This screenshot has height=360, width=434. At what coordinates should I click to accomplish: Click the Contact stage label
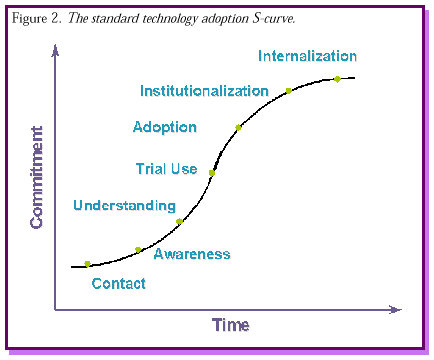pos(118,283)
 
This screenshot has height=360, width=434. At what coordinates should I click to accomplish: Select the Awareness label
pos(192,254)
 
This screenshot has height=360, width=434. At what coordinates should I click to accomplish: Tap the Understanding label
pos(124,206)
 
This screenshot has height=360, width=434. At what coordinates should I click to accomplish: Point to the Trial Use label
pos(166,169)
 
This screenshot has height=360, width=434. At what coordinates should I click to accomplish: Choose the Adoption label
pos(164,127)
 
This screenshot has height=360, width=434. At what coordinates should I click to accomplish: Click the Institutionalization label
pos(204,91)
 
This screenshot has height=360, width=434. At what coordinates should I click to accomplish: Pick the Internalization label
pos(307,56)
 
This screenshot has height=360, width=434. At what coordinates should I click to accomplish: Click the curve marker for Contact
pos(88,264)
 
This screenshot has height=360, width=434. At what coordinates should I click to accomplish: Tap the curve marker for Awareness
pos(139,249)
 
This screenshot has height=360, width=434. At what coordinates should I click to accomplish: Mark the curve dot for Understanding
pos(179,221)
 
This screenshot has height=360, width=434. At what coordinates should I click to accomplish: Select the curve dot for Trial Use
pos(212,172)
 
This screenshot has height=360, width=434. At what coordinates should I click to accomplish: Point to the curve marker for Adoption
pos(238,127)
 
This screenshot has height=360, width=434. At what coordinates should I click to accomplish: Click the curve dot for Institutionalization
pos(288,91)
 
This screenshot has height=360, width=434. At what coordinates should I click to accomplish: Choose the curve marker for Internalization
pos(337,78)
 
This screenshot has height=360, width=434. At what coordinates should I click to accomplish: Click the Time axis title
pos(230,325)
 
